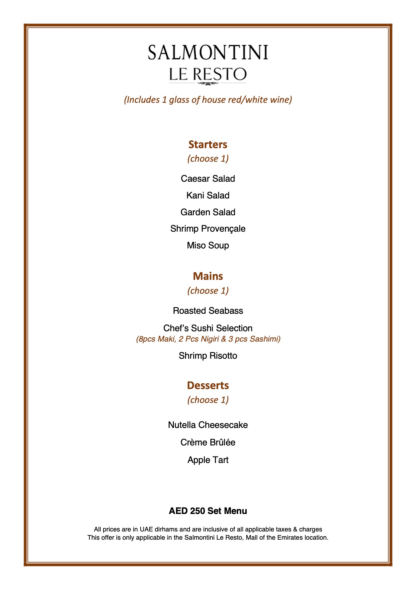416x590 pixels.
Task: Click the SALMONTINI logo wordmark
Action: tap(208, 52)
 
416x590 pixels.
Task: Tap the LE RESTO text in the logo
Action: tap(208, 74)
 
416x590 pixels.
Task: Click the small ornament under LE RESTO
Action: tap(208, 84)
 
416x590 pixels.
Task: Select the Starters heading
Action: tap(208, 144)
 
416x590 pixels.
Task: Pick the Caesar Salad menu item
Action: tap(208, 178)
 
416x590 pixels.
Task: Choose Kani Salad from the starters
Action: tap(208, 195)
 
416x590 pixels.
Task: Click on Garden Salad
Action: tap(208, 212)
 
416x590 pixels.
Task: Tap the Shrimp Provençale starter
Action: tap(208, 228)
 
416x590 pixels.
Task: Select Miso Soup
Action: tap(208, 245)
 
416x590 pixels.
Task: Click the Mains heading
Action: tap(208, 276)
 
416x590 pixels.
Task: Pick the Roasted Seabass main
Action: tap(208, 311)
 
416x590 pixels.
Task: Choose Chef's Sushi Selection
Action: tap(208, 328)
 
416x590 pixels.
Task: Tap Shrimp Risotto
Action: tap(208, 355)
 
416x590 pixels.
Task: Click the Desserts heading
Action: tap(208, 385)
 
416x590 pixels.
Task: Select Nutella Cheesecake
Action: tap(208, 425)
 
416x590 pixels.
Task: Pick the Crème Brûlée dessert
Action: tap(208, 442)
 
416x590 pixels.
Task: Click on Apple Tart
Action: tap(208, 460)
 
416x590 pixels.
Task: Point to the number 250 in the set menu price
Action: tap(197, 511)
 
